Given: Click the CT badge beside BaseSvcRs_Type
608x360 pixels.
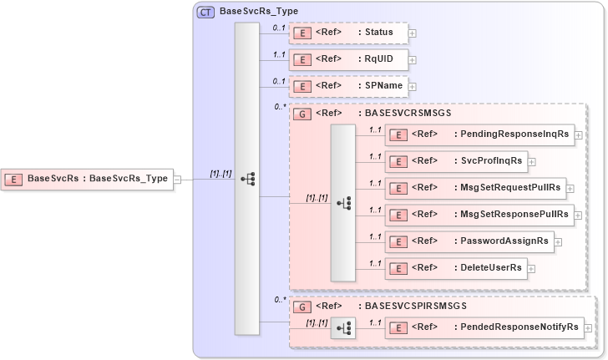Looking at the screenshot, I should (203, 12).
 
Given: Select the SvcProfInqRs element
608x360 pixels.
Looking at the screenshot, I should (455, 160).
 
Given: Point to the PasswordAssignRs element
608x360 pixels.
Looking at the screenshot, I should (469, 241).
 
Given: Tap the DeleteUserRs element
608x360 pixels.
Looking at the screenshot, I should (455, 268).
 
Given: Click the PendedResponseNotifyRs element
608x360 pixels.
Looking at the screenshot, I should (484, 327).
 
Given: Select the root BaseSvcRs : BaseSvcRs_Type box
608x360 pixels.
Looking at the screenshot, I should (89, 178).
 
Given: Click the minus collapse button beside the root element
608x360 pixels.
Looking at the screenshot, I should (177, 179).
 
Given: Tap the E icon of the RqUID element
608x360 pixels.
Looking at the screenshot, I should (304, 59).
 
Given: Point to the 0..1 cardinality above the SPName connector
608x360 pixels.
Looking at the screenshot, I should (280, 80).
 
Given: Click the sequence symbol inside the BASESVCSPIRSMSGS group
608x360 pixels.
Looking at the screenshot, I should (343, 327).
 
